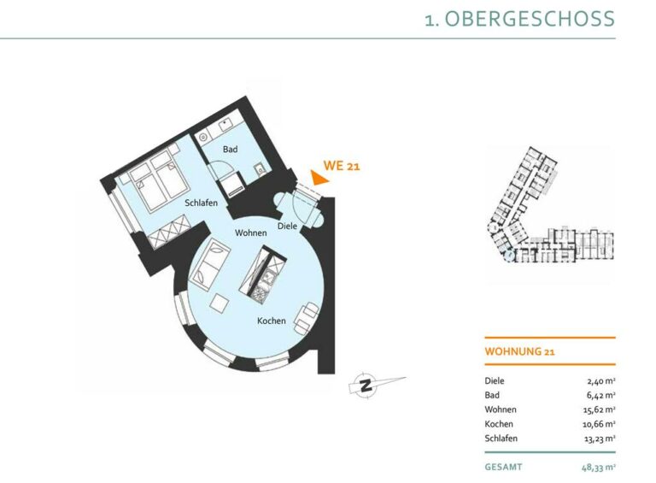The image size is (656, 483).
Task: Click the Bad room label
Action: click(230, 149)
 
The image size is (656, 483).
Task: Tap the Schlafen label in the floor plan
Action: click(202, 203)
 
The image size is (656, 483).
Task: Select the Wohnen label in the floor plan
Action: click(250, 233)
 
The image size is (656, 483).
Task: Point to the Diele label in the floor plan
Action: click(287, 226)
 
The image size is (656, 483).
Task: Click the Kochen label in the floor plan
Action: click(272, 321)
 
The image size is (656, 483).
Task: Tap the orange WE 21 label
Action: click(342, 166)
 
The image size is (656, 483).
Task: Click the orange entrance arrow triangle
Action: click(319, 178)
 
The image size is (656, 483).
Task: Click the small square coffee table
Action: click(220, 303)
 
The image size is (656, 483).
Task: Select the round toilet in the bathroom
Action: click(203, 137)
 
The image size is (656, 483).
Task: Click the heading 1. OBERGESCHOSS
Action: click(519, 20)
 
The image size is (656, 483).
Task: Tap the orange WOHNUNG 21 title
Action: click(519, 351)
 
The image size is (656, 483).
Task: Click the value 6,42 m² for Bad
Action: click(600, 395)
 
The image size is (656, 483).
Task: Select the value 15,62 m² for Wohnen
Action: click(599, 409)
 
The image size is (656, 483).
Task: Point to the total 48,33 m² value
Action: click(598, 467)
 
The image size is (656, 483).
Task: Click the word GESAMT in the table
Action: click(503, 467)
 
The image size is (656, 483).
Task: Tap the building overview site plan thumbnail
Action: click(551, 205)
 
